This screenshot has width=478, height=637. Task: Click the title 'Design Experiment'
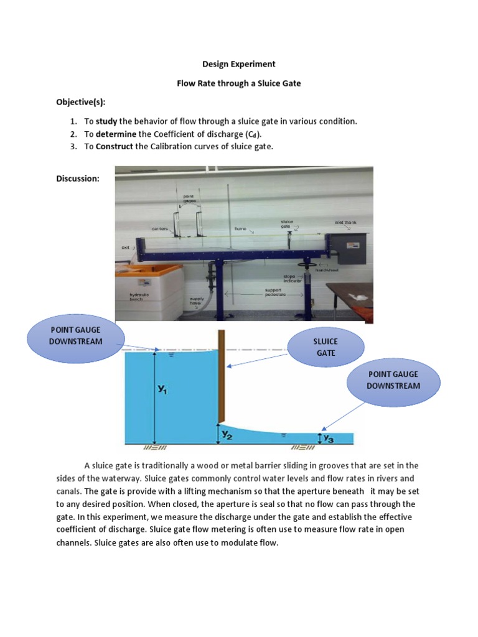[x=239, y=64]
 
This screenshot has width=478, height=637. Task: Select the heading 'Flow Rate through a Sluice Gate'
[x=239, y=83]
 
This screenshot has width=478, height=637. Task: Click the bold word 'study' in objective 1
[x=106, y=121]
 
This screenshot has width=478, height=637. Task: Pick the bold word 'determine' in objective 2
[x=116, y=134]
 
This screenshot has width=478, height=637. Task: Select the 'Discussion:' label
[x=78, y=179]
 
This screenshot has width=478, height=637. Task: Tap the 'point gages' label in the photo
[x=189, y=199]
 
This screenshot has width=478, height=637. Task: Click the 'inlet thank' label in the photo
[x=345, y=222]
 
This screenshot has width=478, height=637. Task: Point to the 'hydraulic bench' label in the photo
[x=139, y=297]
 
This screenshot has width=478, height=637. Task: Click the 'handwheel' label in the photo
[x=326, y=270]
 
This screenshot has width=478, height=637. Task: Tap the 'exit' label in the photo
[x=124, y=247]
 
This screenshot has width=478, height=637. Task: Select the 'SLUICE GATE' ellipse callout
[x=326, y=347]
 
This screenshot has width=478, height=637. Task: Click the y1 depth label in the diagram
[x=162, y=389]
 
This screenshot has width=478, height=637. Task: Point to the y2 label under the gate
[x=228, y=435]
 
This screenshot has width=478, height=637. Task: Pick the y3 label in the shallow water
[x=329, y=439]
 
